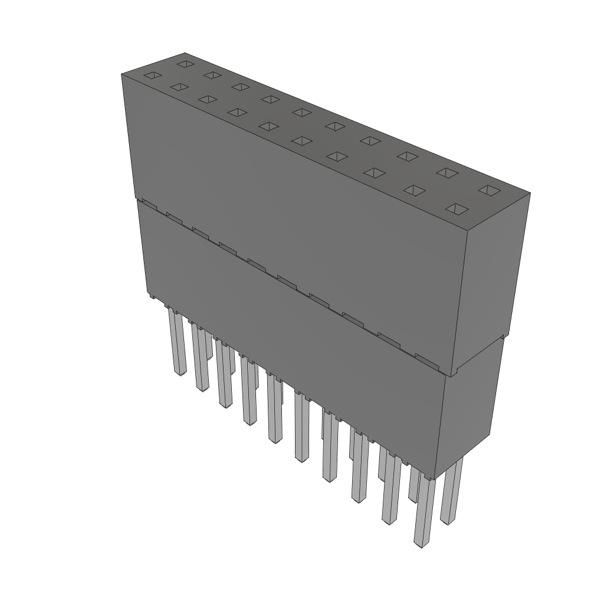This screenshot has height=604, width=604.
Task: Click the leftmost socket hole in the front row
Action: tap(152, 75)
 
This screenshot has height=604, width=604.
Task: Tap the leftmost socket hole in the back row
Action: tap(185, 63)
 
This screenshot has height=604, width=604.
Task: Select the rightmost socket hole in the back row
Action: tap(488, 189)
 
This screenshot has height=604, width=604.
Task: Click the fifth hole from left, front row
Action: tap(269, 126)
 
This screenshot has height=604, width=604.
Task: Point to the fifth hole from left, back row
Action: tap(301, 112)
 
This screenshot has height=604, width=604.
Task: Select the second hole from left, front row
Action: tap(179, 87)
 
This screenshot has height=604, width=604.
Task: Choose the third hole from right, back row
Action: tap(407, 156)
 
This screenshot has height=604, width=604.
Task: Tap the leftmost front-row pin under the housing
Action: tap(176, 342)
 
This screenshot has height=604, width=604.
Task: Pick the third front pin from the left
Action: tap(224, 377)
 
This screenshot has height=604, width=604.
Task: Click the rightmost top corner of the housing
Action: tap(530, 193)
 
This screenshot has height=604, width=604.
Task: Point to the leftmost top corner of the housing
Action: tap(122, 74)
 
